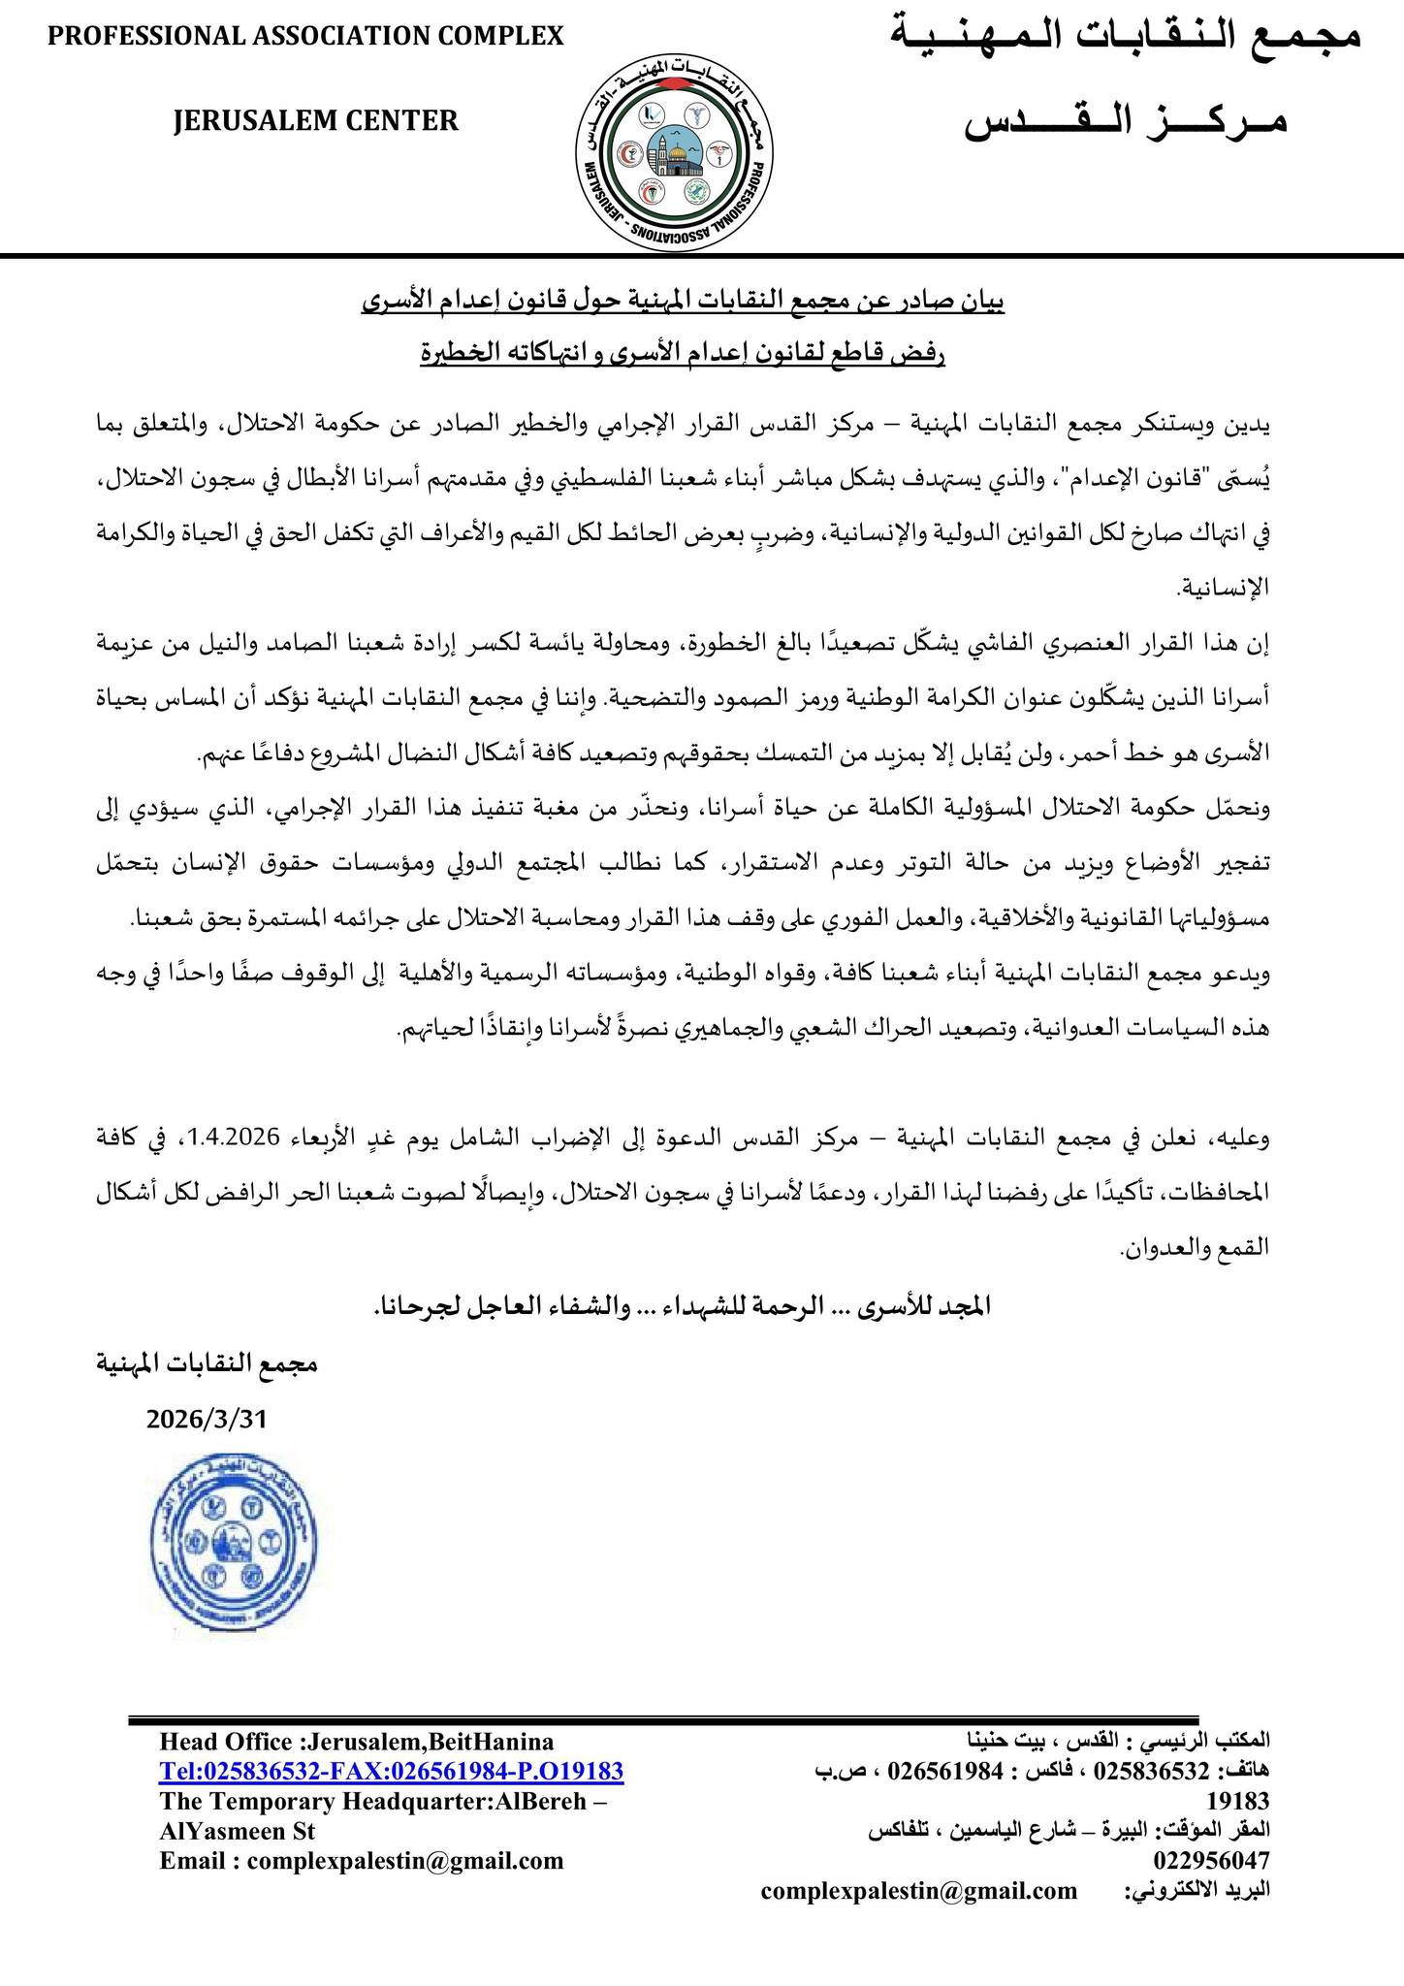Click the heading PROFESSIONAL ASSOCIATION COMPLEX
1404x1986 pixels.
[305, 36]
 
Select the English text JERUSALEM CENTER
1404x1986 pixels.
[316, 120]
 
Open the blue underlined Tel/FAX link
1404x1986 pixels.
[392, 1772]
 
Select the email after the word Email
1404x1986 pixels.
[405, 1860]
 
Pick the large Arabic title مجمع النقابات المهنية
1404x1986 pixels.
[1126, 37]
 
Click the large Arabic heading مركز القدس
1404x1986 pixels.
[1126, 123]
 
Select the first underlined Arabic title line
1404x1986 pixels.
[683, 303]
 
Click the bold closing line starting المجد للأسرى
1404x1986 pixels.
[683, 1306]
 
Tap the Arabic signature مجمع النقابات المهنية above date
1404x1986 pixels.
[207, 1363]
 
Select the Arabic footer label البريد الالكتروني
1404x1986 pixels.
[1197, 1890]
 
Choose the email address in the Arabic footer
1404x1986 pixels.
[919, 1890]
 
